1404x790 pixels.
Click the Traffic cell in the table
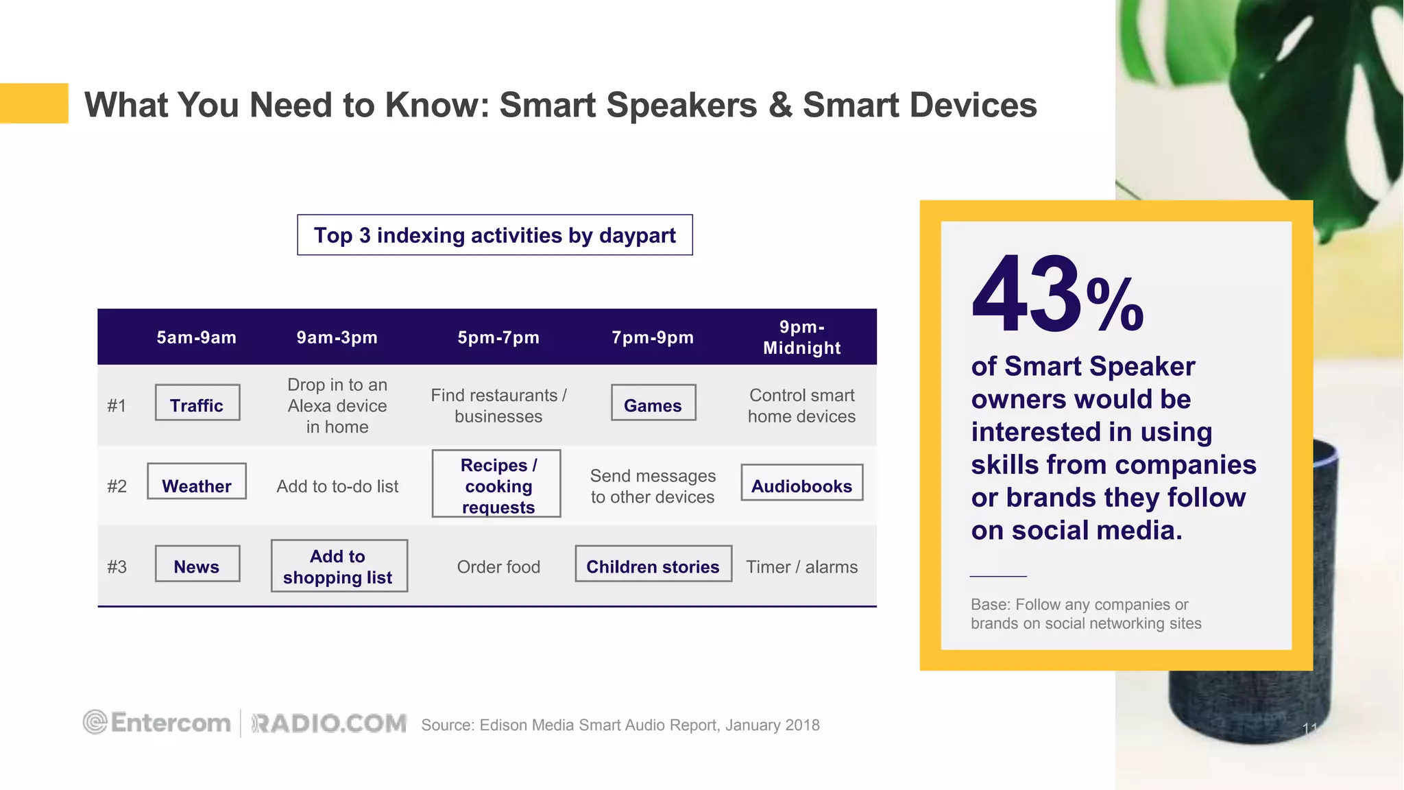197,405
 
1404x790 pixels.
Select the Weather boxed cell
197,486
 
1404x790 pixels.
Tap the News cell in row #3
197,566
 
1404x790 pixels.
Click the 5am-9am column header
197,337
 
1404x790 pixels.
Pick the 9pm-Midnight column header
801,337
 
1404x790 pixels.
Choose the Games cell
653,405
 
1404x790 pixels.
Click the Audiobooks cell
801,486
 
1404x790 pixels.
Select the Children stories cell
653,566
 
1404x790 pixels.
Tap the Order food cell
498,566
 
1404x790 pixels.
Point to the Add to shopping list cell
338,566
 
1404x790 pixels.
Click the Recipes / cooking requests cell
497,486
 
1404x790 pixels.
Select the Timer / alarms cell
801,566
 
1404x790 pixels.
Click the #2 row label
117,486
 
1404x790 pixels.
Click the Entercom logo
157,723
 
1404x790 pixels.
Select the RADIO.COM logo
329,723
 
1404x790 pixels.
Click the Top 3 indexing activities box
494,235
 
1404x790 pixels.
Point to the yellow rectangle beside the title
34,103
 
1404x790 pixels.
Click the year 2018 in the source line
802,726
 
